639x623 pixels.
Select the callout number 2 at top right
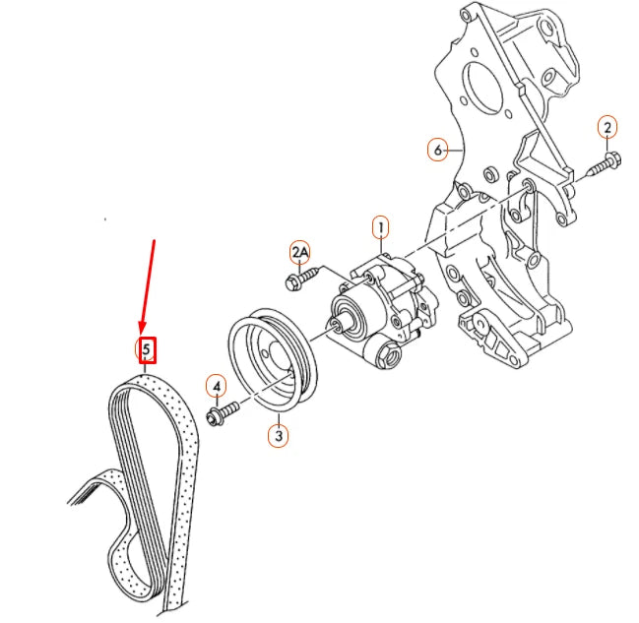(607, 126)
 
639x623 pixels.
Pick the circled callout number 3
(279, 433)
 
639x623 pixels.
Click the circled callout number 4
(216, 385)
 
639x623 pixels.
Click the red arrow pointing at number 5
(149, 285)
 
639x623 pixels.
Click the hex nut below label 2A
(293, 283)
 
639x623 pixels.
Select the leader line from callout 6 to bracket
(457, 151)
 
